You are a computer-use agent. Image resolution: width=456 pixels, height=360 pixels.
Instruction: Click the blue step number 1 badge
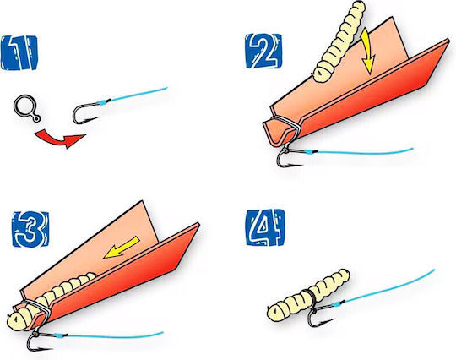[19, 52]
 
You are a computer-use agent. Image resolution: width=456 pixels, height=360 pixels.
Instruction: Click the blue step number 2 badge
[263, 52]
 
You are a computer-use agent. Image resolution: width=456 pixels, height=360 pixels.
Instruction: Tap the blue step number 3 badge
[30, 229]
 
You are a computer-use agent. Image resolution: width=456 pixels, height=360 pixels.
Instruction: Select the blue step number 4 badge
[265, 227]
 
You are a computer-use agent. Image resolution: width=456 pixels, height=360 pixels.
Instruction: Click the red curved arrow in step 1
[60, 139]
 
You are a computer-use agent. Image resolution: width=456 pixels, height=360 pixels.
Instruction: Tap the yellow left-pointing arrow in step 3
[122, 248]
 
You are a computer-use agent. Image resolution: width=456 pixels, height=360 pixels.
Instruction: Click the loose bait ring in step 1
[27, 108]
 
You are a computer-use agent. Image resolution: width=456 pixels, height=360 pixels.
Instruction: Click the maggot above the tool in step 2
[339, 41]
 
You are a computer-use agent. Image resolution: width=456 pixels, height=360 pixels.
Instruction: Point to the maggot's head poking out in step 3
[19, 319]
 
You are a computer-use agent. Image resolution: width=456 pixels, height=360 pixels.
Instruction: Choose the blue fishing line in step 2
[362, 151]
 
